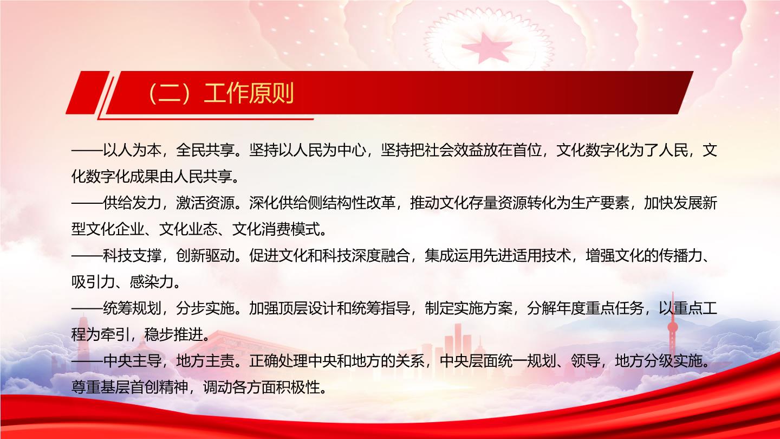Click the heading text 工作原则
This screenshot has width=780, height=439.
coord(249,93)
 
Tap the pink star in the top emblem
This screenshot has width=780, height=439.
coord(487,47)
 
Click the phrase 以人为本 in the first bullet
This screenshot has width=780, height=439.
coord(132,151)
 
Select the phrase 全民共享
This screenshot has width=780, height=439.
coord(205,151)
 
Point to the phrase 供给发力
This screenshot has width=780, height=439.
coord(132,203)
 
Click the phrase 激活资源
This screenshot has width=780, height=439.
coord(205,203)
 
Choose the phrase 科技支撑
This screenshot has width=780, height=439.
coord(132,256)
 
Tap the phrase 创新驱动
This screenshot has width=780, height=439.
coord(205,256)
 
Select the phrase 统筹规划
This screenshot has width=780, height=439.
coord(132,308)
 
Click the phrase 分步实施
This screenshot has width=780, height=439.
coord(205,308)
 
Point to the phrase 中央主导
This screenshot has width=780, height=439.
coord(132,361)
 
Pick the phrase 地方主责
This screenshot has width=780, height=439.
coord(205,361)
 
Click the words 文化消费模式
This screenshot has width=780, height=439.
coord(275,229)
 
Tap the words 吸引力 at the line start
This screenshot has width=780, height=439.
coord(93,282)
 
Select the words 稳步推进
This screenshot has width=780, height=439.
coord(173,335)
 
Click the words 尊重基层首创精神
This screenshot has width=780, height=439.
coord(129,387)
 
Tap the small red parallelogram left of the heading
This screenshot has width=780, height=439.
coord(88,93)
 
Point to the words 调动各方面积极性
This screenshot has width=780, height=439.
coord(261,387)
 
